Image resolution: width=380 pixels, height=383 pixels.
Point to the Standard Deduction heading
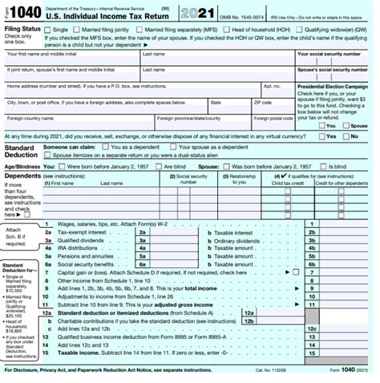[x=19, y=152]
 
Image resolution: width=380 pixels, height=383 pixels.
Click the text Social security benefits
[x=84, y=263]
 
